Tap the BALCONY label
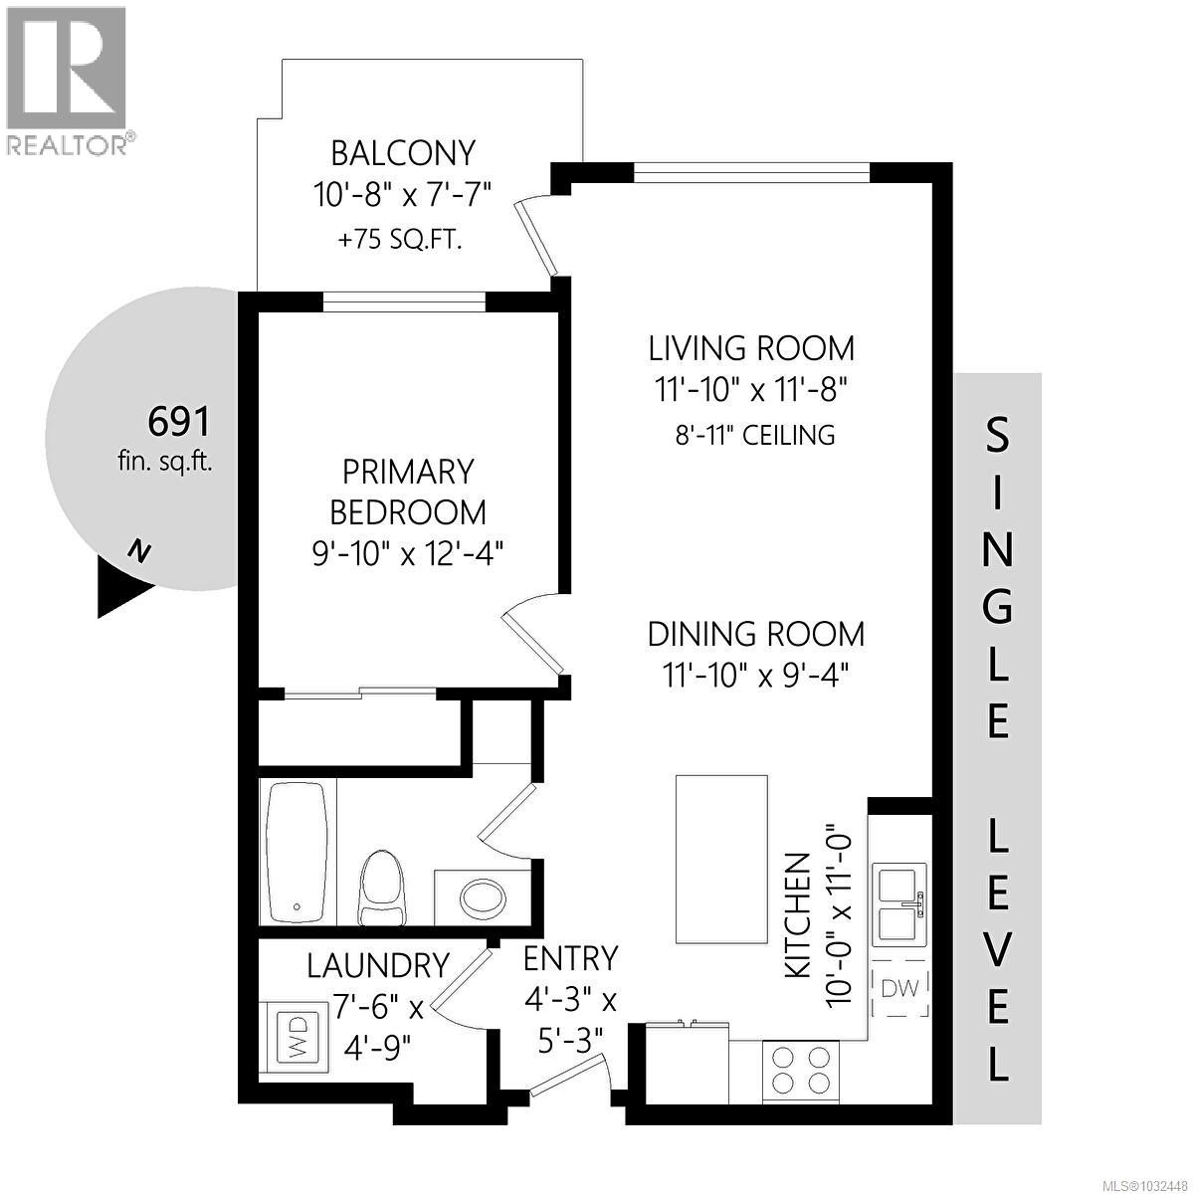coord(403,153)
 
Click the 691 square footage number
coord(179,422)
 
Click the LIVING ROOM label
coord(751,348)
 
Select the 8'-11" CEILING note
coord(751,435)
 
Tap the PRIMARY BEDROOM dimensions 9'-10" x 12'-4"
coord(408,552)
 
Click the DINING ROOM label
coord(756,634)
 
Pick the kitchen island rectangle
coord(721,859)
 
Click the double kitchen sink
coord(900,905)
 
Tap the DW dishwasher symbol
coord(900,988)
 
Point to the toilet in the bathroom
coord(383,886)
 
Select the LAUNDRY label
coord(377,965)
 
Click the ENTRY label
coord(571,957)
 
